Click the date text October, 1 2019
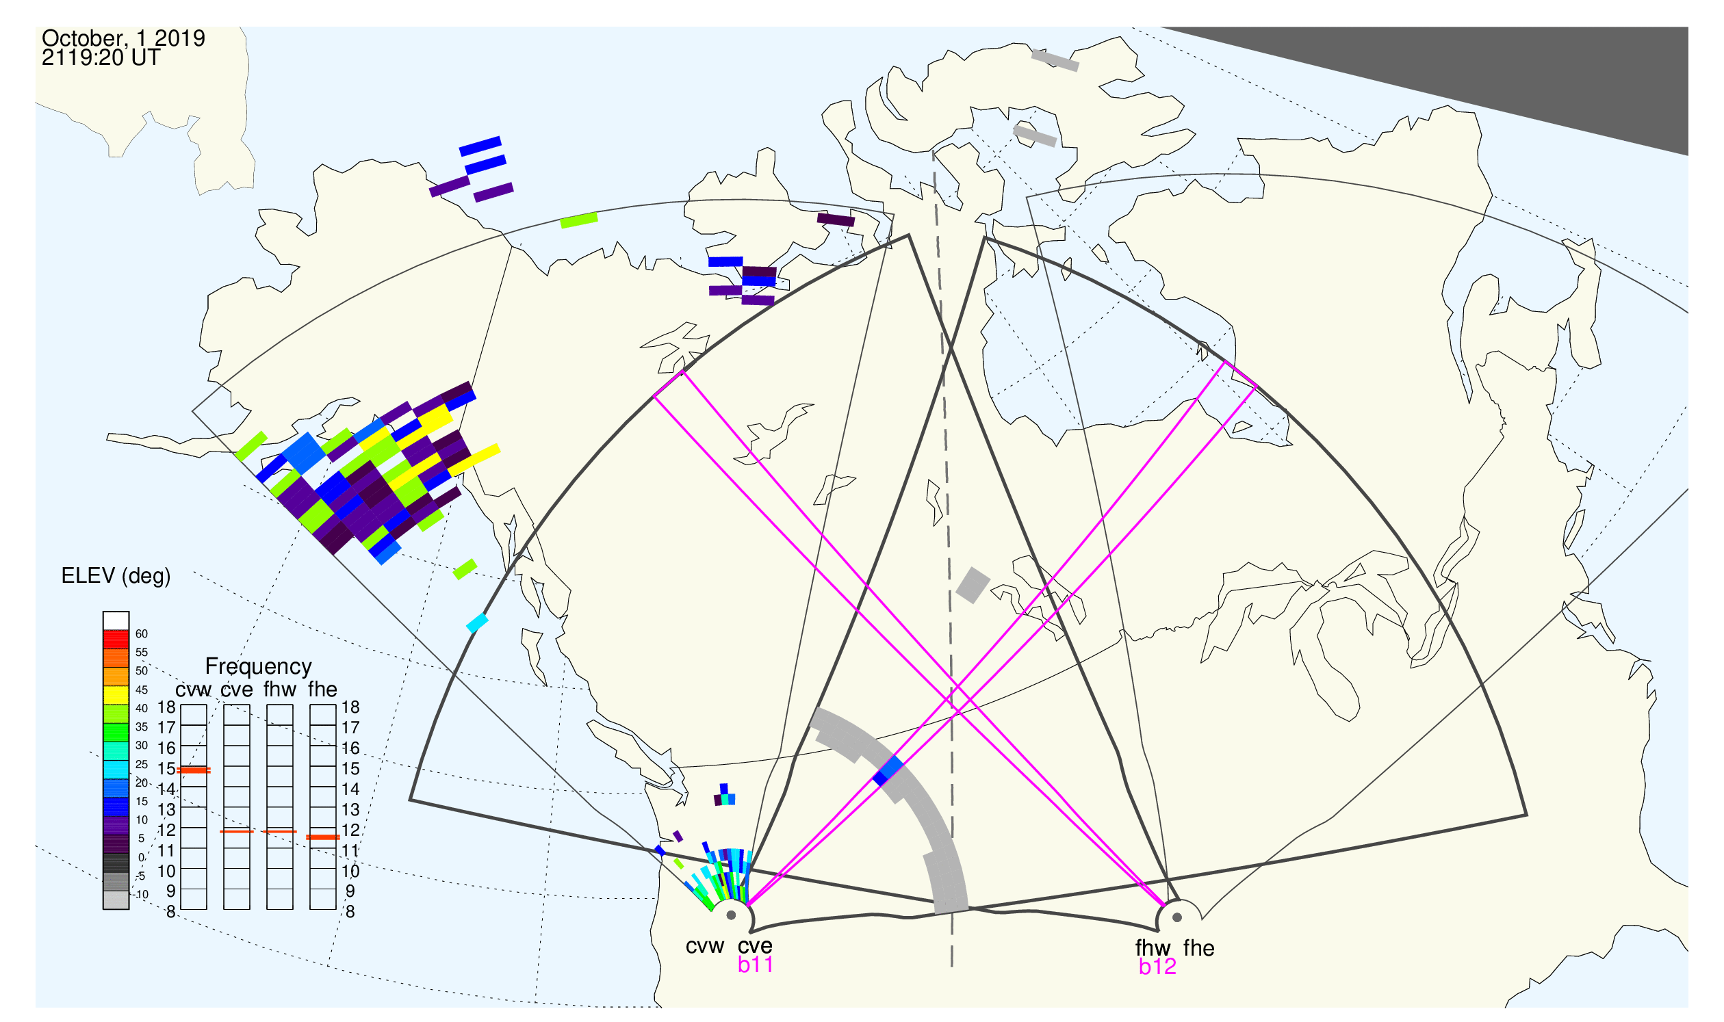(123, 38)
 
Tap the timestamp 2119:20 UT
(101, 58)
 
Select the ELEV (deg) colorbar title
(116, 577)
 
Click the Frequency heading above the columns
(259, 667)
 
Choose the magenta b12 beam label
(1157, 967)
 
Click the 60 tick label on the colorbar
(141, 634)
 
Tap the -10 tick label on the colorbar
(141, 895)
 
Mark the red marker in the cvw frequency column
(194, 771)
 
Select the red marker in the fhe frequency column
(323, 837)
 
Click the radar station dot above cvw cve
(731, 916)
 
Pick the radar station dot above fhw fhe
(1178, 917)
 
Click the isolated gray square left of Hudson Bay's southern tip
(973, 586)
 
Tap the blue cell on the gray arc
(888, 771)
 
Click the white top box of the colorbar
(116, 620)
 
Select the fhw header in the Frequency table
(280, 690)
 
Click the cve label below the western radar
(755, 946)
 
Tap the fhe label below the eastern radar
(1199, 948)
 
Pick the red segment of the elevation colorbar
(116, 640)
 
